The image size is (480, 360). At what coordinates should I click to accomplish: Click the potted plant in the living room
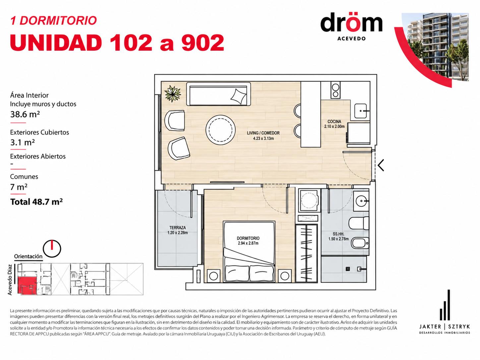173,94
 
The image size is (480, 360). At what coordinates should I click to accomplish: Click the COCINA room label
334,122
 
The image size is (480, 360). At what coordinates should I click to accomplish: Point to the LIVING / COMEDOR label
263,133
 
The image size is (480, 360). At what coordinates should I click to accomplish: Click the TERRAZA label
178,228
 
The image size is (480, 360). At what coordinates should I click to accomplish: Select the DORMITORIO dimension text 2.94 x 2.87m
248,243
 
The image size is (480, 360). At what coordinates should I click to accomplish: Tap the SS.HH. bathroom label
338,234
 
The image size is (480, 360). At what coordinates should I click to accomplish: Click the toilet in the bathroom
359,223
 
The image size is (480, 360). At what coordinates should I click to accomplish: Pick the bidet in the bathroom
360,243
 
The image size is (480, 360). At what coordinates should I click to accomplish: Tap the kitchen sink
360,111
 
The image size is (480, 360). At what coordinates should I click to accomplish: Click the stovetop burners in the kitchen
335,90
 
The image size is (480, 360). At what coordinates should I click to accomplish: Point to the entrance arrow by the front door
381,165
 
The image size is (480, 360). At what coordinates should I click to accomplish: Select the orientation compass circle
52,249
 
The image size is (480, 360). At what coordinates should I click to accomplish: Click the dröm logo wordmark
351,23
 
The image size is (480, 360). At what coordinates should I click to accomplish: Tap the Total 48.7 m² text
36,202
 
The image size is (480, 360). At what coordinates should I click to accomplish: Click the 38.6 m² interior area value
25,114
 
